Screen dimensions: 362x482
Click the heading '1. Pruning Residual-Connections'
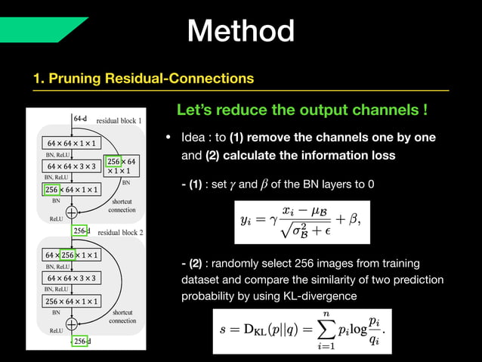[143, 78]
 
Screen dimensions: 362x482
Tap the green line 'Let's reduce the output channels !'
[302, 110]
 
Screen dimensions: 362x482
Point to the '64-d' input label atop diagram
[80, 119]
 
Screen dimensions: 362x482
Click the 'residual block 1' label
[119, 121]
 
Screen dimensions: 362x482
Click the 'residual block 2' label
[120, 233]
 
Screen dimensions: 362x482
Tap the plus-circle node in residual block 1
[73, 212]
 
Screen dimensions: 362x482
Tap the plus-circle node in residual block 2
[73, 323]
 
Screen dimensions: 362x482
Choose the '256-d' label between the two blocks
[81, 231]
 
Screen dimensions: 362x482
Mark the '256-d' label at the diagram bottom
[81, 342]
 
